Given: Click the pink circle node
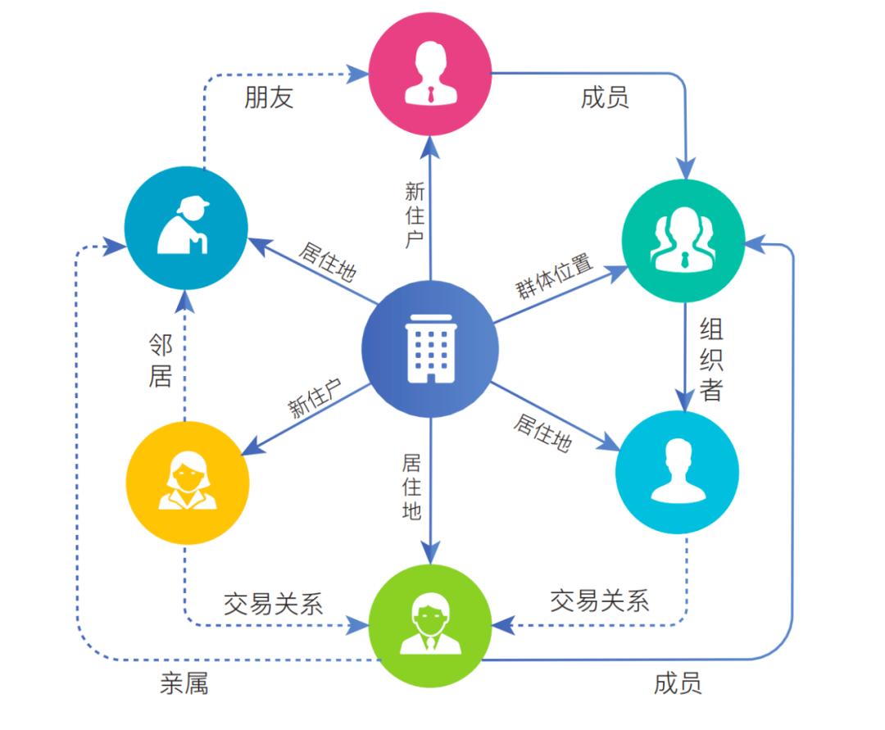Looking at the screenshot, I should point(430,73).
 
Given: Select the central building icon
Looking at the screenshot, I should point(430,349).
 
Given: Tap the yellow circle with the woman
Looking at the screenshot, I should point(188,482).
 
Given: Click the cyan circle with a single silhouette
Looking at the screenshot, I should point(678,473).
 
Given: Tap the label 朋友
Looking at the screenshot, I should point(269,97).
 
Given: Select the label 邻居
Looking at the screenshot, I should point(160,361).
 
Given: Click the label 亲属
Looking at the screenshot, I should point(184,682).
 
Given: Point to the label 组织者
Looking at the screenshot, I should point(711,360).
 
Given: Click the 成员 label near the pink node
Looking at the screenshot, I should point(605,97).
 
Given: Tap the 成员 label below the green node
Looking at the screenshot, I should point(678,682).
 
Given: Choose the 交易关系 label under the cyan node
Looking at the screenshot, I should point(600,601).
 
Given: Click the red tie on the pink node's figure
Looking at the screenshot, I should point(430,93).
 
